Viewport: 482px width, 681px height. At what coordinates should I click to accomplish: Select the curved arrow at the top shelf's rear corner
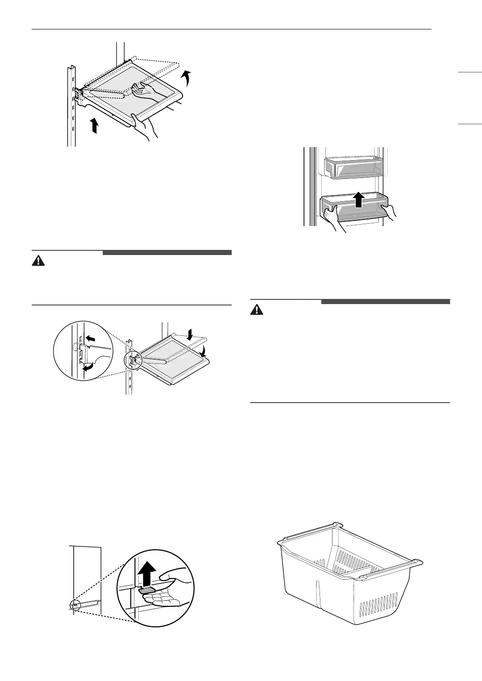click(x=187, y=78)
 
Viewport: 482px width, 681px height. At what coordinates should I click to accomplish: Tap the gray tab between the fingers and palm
click(x=146, y=590)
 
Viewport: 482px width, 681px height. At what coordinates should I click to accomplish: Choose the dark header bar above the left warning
click(x=167, y=253)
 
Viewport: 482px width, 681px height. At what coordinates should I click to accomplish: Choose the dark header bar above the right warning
click(x=385, y=301)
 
